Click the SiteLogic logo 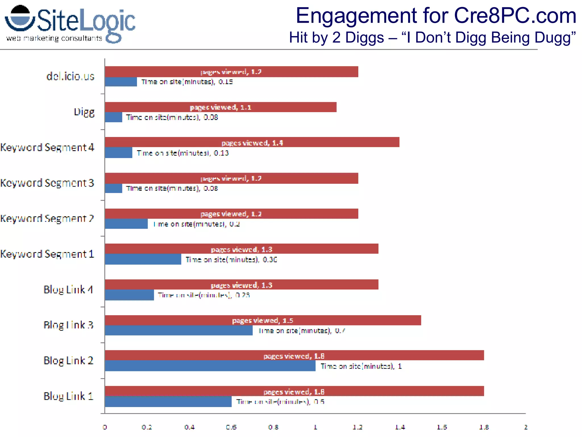[70, 24]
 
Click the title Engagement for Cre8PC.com [436, 16]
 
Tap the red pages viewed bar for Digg [220, 107]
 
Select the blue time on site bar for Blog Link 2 [210, 366]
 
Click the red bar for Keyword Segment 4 [251, 142]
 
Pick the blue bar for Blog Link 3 [178, 330]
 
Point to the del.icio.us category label [70, 76]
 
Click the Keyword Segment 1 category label [47, 254]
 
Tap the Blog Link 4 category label [68, 289]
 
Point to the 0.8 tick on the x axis [273, 427]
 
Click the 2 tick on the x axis [526, 427]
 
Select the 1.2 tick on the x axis [357, 427]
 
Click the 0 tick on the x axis [105, 427]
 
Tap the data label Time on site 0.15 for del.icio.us [187, 82]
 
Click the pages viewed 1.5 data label [262, 321]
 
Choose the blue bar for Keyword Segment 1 [143, 259]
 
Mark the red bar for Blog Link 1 [294, 391]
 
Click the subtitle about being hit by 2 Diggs [432, 38]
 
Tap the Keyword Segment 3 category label [47, 183]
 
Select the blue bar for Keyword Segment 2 [126, 224]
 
